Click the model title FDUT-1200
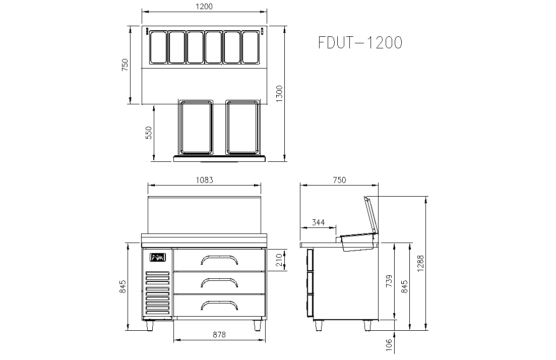click(360, 42)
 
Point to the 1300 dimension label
click(279, 94)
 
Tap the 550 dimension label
click(149, 133)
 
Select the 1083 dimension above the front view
click(204, 180)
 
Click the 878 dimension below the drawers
click(219, 334)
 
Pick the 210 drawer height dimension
click(279, 260)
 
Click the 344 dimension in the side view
click(318, 222)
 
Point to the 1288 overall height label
click(420, 264)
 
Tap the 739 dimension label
click(389, 281)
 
